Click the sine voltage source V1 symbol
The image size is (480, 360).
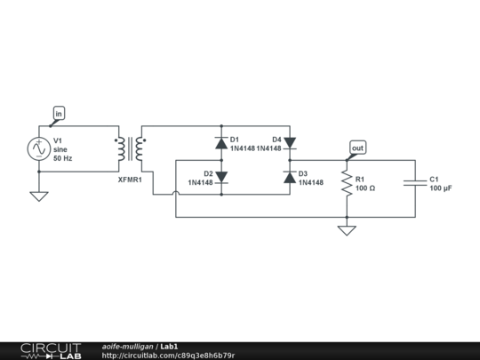coord(39,148)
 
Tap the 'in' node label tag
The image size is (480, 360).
coord(59,113)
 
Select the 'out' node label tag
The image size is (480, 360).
coord(357,147)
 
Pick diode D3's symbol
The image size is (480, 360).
coord(290,178)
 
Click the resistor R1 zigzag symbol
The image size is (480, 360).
coord(347,183)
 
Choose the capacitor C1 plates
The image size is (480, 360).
coord(415,183)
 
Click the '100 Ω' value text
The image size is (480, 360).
coord(365,188)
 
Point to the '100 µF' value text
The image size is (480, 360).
coord(442,188)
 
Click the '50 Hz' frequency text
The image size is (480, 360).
coord(63,158)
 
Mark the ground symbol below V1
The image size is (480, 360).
coord(39,196)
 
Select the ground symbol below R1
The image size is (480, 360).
coord(347,230)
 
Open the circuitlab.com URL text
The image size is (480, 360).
coord(168,356)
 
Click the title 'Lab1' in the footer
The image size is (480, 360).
coord(169,346)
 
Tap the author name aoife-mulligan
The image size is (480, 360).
coord(127,346)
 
